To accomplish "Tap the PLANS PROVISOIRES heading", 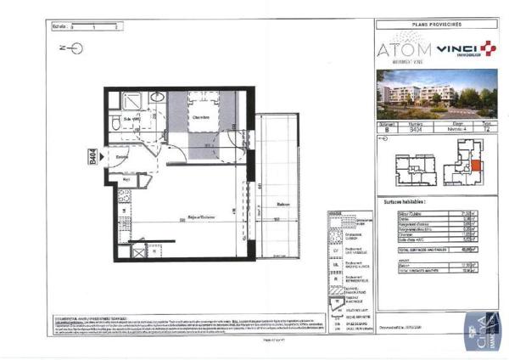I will click(438, 26).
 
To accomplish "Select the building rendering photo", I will click(438, 96).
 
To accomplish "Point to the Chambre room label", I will click(200, 117).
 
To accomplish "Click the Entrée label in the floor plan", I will click(121, 157).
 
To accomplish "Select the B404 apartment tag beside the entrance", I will click(92, 157).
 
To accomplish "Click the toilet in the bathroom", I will click(115, 125).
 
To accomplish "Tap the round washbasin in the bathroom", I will click(157, 98).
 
